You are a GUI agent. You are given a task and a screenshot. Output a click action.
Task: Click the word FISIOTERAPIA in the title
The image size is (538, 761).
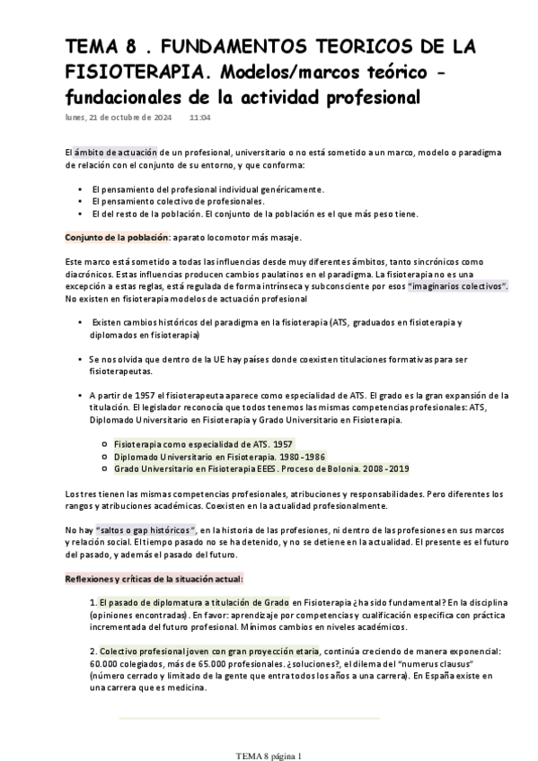124,69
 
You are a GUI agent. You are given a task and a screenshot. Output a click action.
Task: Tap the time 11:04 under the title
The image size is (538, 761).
199,117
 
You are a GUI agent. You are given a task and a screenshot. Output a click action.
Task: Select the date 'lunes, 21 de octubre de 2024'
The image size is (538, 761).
119,117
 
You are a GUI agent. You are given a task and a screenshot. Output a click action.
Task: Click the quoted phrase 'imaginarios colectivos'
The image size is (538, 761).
458,285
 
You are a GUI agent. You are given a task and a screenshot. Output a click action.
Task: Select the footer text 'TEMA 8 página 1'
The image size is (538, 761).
269,755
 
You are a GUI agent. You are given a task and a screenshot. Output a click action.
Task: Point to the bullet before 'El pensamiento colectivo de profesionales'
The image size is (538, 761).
82,202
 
